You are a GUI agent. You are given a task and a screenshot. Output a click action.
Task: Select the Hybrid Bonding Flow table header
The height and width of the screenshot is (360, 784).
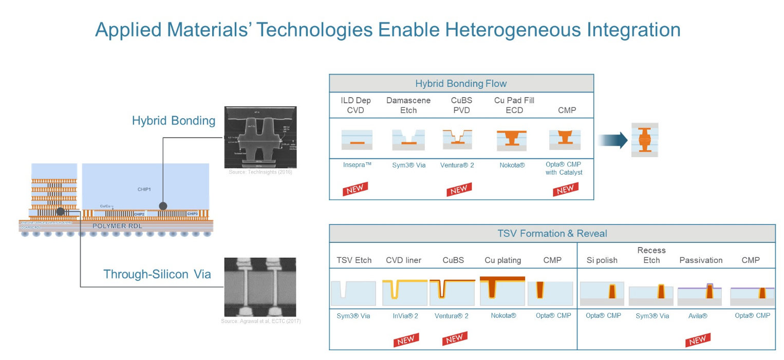tap(461, 83)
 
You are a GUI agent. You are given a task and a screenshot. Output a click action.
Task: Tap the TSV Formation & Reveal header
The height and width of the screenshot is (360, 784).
tap(552, 233)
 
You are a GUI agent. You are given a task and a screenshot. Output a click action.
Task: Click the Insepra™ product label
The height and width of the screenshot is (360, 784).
tap(357, 165)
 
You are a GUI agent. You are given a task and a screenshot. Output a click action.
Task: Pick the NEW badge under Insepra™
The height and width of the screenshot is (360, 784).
tap(356, 189)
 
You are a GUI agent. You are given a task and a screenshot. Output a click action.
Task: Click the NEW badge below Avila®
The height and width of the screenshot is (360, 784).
tap(697, 340)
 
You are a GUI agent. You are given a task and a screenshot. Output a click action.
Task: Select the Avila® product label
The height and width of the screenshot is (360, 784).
tap(698, 316)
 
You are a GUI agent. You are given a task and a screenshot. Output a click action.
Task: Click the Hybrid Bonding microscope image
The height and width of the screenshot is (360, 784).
tap(260, 137)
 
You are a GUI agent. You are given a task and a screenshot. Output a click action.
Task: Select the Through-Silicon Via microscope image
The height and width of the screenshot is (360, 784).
tap(260, 287)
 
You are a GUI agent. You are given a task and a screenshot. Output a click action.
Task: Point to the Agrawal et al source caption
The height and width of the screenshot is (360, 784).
tap(260, 321)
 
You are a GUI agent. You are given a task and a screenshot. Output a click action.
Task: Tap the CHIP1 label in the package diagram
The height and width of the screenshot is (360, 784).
tap(144, 189)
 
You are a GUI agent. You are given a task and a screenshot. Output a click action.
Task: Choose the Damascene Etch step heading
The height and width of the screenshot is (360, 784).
tap(408, 105)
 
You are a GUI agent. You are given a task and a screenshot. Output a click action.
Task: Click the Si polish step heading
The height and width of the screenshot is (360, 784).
tap(602, 260)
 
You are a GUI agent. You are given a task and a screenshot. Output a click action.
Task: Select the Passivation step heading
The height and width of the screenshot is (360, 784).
tap(701, 260)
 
